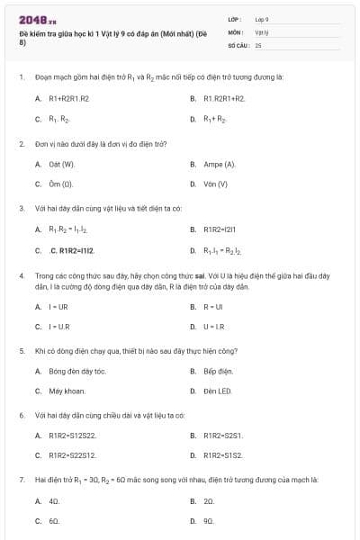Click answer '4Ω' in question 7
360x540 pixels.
click(x=54, y=500)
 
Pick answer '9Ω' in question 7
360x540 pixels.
click(x=209, y=520)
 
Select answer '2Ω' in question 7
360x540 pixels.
click(x=209, y=500)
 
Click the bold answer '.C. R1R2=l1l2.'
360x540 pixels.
click(x=72, y=250)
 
